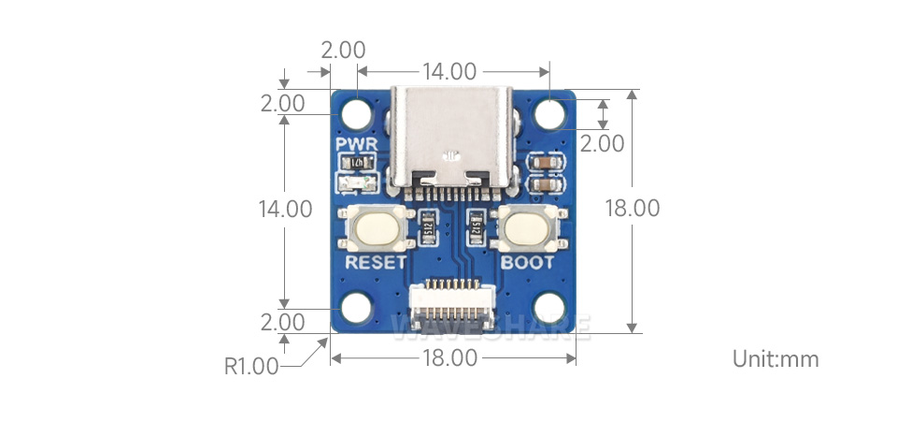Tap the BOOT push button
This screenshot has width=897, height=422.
pyautogui.click(x=528, y=228)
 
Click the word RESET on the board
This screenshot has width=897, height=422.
pyautogui.click(x=377, y=262)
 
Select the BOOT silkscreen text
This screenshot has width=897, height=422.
pyautogui.click(x=528, y=262)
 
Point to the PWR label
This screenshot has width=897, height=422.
pyautogui.click(x=356, y=145)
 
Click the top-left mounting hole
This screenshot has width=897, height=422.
pyautogui.click(x=356, y=114)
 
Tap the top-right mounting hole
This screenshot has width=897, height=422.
pyautogui.click(x=551, y=114)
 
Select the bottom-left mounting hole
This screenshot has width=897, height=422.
pyautogui.click(x=356, y=308)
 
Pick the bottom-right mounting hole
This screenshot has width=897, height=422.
pyautogui.click(x=551, y=308)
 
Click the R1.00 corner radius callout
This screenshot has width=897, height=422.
pyautogui.click(x=251, y=366)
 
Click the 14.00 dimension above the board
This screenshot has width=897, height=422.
pyautogui.click(x=449, y=71)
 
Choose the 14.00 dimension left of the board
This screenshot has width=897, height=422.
pyautogui.click(x=285, y=209)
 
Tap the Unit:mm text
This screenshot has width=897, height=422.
pyautogui.click(x=776, y=358)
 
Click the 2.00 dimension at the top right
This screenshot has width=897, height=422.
pyautogui.click(x=603, y=143)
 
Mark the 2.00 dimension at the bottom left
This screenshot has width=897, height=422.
pyautogui.click(x=283, y=323)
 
